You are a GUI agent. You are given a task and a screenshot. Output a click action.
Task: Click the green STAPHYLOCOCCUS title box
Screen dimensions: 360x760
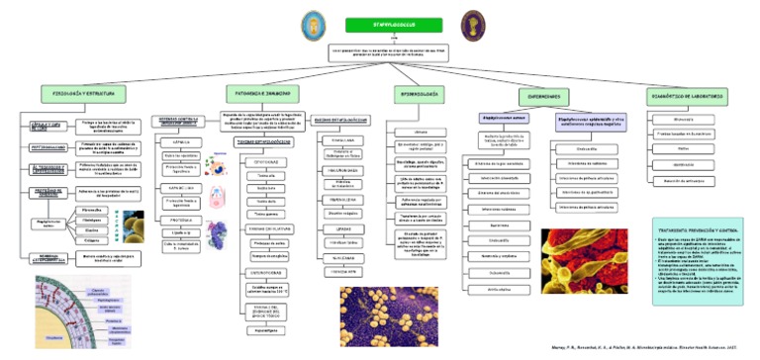point(379,24)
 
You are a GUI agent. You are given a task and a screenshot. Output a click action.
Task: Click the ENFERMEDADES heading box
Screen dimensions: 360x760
point(544,95)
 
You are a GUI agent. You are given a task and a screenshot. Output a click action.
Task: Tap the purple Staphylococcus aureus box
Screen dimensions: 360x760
point(504,118)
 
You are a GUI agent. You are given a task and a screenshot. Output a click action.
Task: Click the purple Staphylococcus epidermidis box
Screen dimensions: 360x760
point(590,121)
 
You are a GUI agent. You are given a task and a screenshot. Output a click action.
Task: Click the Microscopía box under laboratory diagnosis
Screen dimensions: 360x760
point(683,121)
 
